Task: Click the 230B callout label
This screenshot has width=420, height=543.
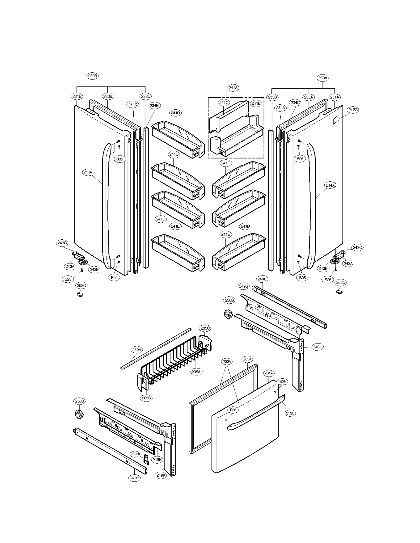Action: click(x=92, y=76)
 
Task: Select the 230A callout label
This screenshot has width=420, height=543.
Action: click(x=322, y=78)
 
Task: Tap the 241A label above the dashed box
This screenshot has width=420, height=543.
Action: click(x=233, y=88)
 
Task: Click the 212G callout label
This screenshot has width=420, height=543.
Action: click(x=353, y=110)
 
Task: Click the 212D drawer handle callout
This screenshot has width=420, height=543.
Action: click(x=290, y=413)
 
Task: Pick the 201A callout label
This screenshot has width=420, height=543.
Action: click(x=269, y=373)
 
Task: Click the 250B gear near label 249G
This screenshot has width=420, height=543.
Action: click(x=229, y=314)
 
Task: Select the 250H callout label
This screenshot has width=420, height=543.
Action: click(x=135, y=454)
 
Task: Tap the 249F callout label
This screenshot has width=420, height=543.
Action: click(x=135, y=478)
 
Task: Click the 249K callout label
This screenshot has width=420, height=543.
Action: click(x=161, y=475)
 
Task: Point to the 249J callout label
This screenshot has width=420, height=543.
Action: click(x=317, y=347)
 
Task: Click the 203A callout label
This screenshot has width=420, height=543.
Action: click(x=247, y=359)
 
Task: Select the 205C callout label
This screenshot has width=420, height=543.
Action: click(x=205, y=328)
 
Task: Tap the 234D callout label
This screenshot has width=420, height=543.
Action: click(x=133, y=104)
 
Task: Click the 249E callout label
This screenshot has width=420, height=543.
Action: click(x=262, y=279)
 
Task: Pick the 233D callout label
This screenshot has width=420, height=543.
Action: click(x=272, y=97)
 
